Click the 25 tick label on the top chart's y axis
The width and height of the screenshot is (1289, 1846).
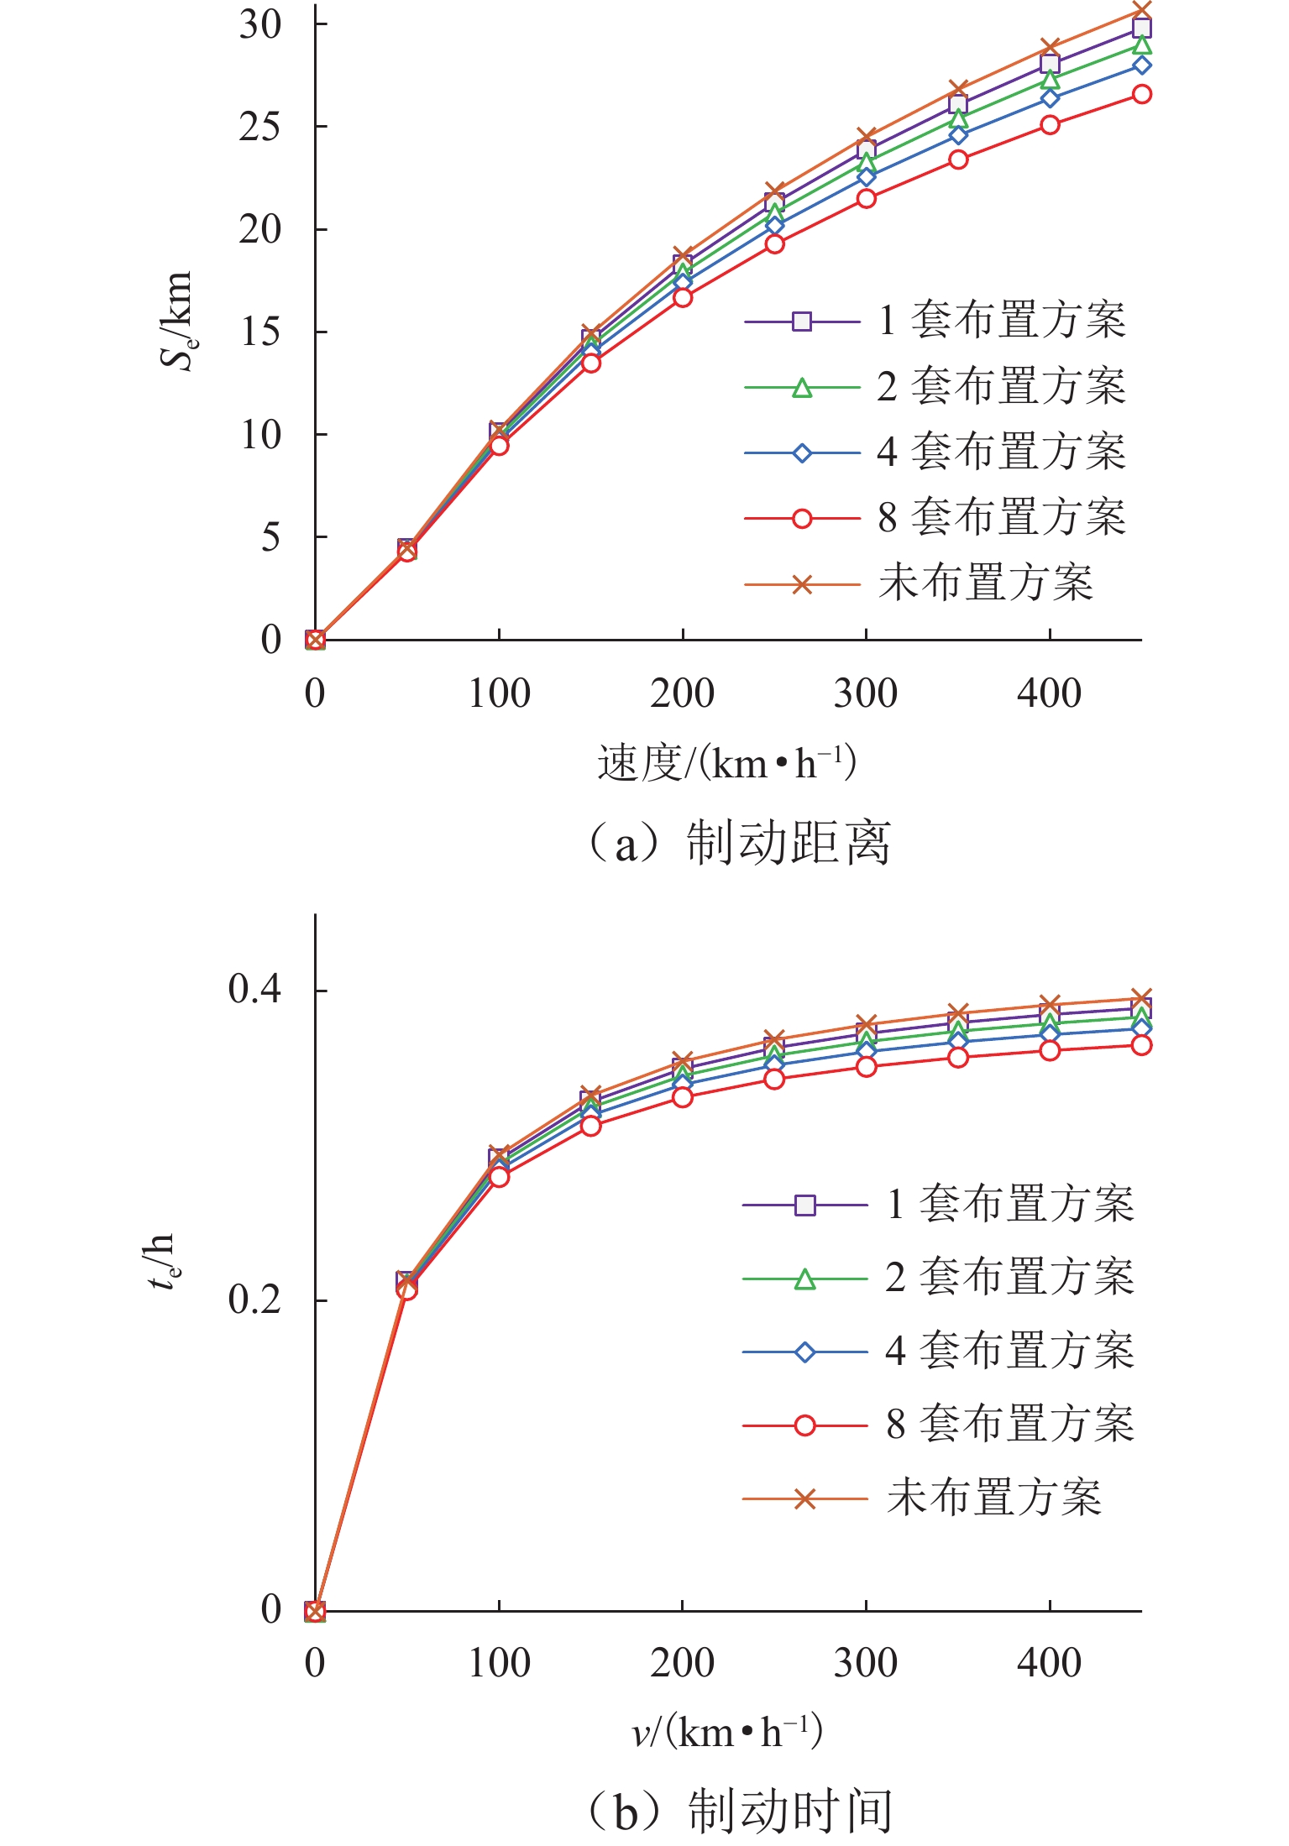coord(259,127)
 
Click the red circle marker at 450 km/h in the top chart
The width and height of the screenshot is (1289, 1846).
coord(1141,94)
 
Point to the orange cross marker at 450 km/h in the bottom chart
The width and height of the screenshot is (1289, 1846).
coord(1141,999)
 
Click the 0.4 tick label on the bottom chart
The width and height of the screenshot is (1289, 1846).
coord(254,989)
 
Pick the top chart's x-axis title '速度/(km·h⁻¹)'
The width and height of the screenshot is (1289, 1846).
coord(726,763)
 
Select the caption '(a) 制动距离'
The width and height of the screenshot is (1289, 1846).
coord(736,844)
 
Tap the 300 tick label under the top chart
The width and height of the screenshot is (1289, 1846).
coord(865,694)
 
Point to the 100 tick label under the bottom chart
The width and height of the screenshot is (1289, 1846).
coord(499,1663)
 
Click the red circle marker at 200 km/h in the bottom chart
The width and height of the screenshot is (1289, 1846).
coord(683,1096)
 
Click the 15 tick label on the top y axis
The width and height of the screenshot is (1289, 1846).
coord(259,332)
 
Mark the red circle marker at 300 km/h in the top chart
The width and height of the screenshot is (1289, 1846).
coord(866,199)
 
